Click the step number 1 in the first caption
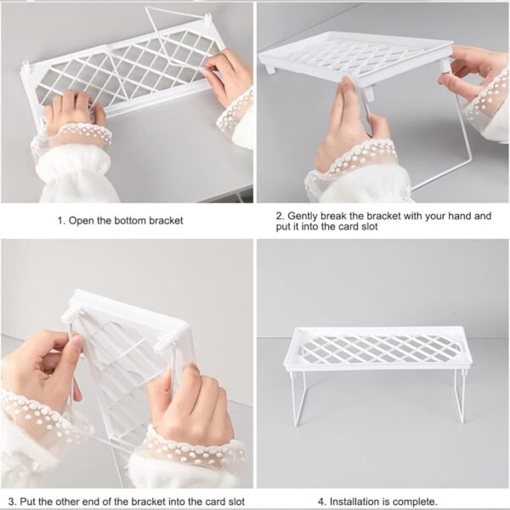coord(60,220)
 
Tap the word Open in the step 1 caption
coord(82,220)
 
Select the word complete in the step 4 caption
coord(414,501)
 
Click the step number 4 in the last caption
coord(321,501)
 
